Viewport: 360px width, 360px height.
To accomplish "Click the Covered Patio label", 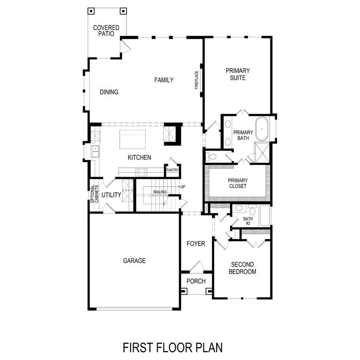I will tap(106, 31).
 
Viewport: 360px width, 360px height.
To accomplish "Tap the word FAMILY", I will tap(164, 80).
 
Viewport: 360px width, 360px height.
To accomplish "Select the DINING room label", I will tap(109, 92).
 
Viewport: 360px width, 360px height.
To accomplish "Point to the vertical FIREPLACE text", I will tap(197, 80).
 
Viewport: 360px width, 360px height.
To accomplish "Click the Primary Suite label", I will tap(238, 74).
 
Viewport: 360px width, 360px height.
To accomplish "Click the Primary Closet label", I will tap(238, 183).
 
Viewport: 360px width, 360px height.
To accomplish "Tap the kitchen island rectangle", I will tap(133, 139).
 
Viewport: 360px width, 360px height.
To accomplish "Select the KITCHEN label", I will tap(140, 157).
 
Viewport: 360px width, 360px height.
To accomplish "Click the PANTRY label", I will tap(172, 170).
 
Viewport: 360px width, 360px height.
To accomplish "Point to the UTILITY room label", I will tap(112, 195).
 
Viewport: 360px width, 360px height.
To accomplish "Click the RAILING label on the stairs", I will tap(160, 192).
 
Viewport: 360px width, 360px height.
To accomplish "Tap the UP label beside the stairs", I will tap(183, 187).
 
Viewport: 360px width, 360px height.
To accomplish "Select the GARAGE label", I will tap(135, 261).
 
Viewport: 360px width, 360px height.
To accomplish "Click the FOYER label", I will tap(196, 244).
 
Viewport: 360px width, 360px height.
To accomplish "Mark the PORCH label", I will tap(196, 281).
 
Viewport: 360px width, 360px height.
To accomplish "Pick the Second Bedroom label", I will tap(242, 268).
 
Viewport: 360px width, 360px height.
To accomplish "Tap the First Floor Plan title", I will tap(172, 347).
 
